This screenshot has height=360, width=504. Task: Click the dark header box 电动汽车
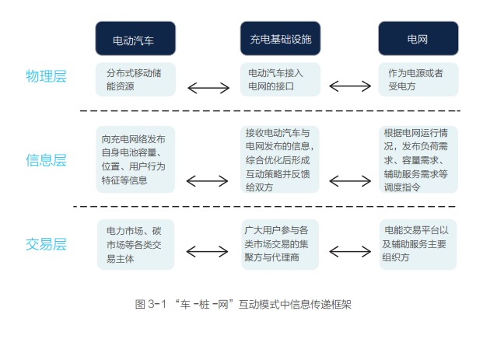(x=135, y=39)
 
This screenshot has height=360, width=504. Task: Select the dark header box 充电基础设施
(x=280, y=39)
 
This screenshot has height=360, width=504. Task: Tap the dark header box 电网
(x=418, y=39)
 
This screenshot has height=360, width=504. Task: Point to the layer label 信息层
(x=46, y=160)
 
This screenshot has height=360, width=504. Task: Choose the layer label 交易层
(x=46, y=244)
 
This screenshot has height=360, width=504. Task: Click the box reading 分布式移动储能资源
(x=135, y=79)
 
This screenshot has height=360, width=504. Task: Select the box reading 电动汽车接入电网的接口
(x=280, y=79)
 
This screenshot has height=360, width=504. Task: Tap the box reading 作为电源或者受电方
(x=418, y=79)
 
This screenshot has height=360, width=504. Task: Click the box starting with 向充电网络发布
(x=135, y=159)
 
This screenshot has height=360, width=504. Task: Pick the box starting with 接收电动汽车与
(x=280, y=159)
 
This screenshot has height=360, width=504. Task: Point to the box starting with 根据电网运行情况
(x=418, y=159)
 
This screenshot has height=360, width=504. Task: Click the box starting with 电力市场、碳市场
(x=135, y=244)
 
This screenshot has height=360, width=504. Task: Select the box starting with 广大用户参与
(x=280, y=244)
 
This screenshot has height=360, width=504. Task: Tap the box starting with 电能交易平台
(x=418, y=244)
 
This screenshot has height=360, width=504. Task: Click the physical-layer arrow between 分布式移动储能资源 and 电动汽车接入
(x=208, y=88)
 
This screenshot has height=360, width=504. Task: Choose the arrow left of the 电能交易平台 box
(x=351, y=252)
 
